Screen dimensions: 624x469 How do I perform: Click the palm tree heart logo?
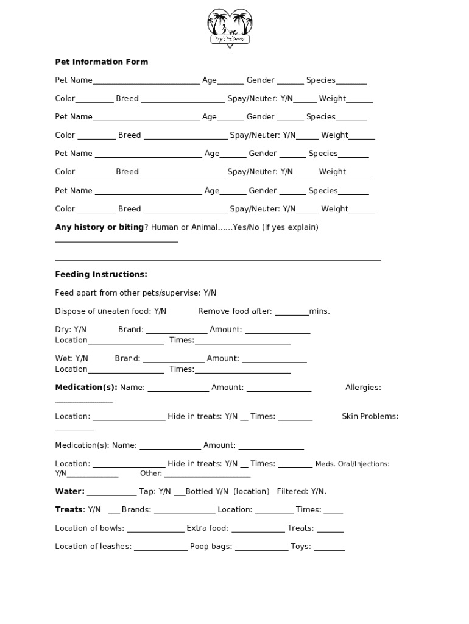coord(230,27)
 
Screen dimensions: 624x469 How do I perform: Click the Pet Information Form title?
coord(101,62)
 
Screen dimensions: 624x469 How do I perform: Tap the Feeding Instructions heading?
coord(101,274)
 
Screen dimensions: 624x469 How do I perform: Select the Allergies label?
coord(363,388)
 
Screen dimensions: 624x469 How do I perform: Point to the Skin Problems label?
coord(370,416)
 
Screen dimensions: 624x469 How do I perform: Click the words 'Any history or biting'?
coord(99,227)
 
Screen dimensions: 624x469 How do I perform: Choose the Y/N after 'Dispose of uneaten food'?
coord(160,311)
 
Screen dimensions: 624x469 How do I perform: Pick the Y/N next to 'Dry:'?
coord(80,330)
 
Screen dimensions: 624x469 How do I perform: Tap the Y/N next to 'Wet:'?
coord(82,358)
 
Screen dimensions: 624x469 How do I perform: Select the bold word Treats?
coord(69,509)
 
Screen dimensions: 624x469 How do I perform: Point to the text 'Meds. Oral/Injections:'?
coord(352,464)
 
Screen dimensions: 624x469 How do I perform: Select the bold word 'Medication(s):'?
coord(86,388)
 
